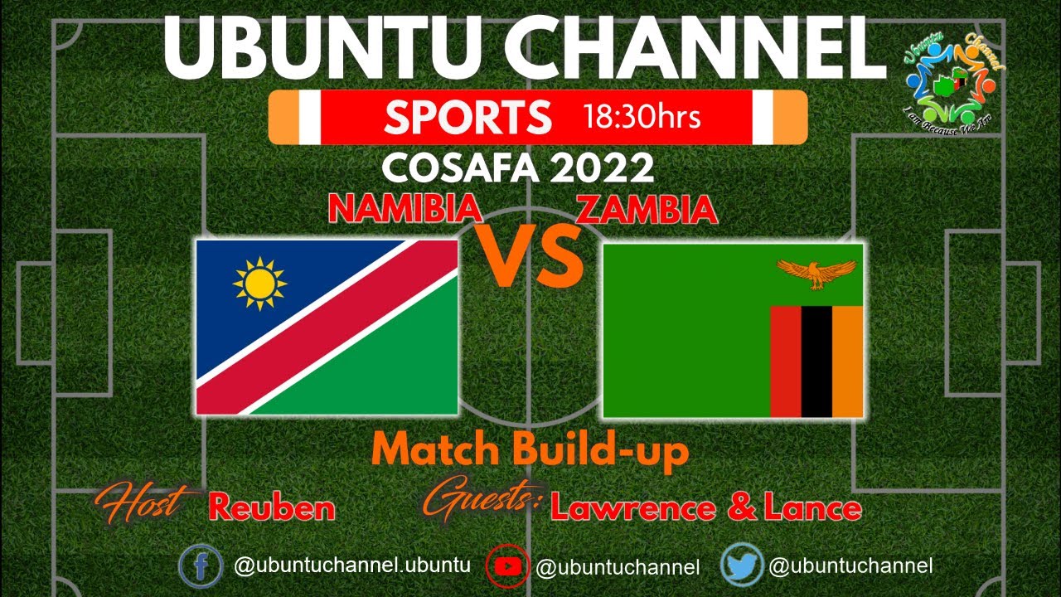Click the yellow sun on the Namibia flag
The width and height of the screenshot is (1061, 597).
pyautogui.click(x=259, y=284)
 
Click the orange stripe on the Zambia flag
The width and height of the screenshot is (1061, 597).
pyautogui.click(x=847, y=362)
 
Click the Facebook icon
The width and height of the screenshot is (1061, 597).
pyautogui.click(x=201, y=567)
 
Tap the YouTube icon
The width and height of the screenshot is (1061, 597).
pyautogui.click(x=507, y=567)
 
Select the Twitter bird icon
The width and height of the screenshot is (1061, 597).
pyautogui.click(x=741, y=565)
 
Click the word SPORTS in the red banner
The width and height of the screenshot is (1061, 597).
pyautogui.click(x=468, y=117)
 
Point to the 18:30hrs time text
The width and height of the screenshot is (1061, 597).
pyautogui.click(x=642, y=117)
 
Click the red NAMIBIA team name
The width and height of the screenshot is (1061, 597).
pyautogui.click(x=405, y=210)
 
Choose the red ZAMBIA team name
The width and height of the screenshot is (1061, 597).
pyautogui.click(x=647, y=210)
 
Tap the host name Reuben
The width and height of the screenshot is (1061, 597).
pyautogui.click(x=272, y=507)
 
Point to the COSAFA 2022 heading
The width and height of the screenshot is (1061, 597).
pyautogui.click(x=518, y=168)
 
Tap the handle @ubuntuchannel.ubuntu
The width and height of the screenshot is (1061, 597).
pyautogui.click(x=352, y=566)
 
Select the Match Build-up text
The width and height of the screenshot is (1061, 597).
pyautogui.click(x=530, y=452)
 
